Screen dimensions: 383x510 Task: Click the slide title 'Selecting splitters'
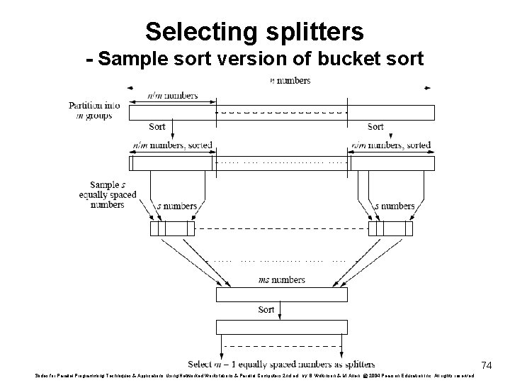pyautogui.click(x=254, y=31)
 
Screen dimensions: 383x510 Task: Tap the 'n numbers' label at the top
pyautogui.click(x=290, y=81)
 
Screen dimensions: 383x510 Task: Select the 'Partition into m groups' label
pyautogui.click(x=94, y=110)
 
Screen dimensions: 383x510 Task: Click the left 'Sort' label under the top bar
pyautogui.click(x=157, y=127)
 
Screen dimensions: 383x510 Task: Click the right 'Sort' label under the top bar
pyautogui.click(x=375, y=127)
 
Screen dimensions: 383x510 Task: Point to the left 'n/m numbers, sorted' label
pyautogui.click(x=173, y=145)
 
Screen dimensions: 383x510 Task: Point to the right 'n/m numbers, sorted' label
pyautogui.click(x=391, y=145)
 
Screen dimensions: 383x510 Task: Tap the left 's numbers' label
pyautogui.click(x=176, y=206)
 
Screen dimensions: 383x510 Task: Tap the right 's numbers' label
pyautogui.click(x=395, y=206)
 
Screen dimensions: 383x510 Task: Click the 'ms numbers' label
pyautogui.click(x=281, y=280)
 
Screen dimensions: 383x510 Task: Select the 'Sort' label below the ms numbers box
pyautogui.click(x=266, y=310)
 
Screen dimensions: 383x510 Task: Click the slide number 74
pyautogui.click(x=487, y=365)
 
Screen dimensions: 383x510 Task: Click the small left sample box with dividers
pyautogui.click(x=172, y=228)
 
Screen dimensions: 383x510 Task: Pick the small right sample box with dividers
pyautogui.click(x=390, y=228)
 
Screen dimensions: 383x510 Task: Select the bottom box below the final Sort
pyautogui.click(x=281, y=327)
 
